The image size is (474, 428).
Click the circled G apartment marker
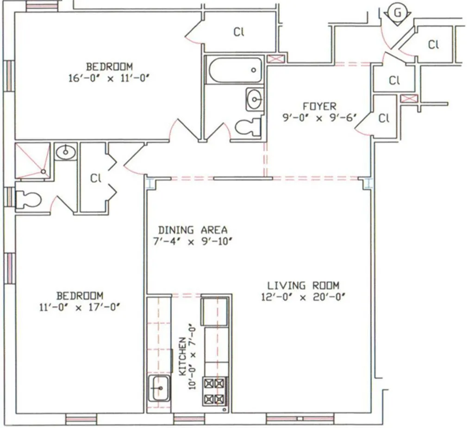(x=397, y=12)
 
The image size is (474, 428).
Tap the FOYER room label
(x=319, y=106)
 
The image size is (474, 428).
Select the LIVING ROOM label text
(x=303, y=285)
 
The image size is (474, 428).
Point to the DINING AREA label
(x=193, y=230)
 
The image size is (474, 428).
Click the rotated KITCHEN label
(x=182, y=356)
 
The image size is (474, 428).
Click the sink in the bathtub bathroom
(x=254, y=99)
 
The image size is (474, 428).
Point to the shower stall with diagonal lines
(x=32, y=160)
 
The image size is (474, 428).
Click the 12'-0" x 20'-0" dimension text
(x=303, y=297)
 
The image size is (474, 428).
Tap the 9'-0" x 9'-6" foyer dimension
(x=319, y=118)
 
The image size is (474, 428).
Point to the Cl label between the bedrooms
(x=95, y=178)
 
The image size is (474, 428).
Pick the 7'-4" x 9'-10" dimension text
(x=193, y=241)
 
